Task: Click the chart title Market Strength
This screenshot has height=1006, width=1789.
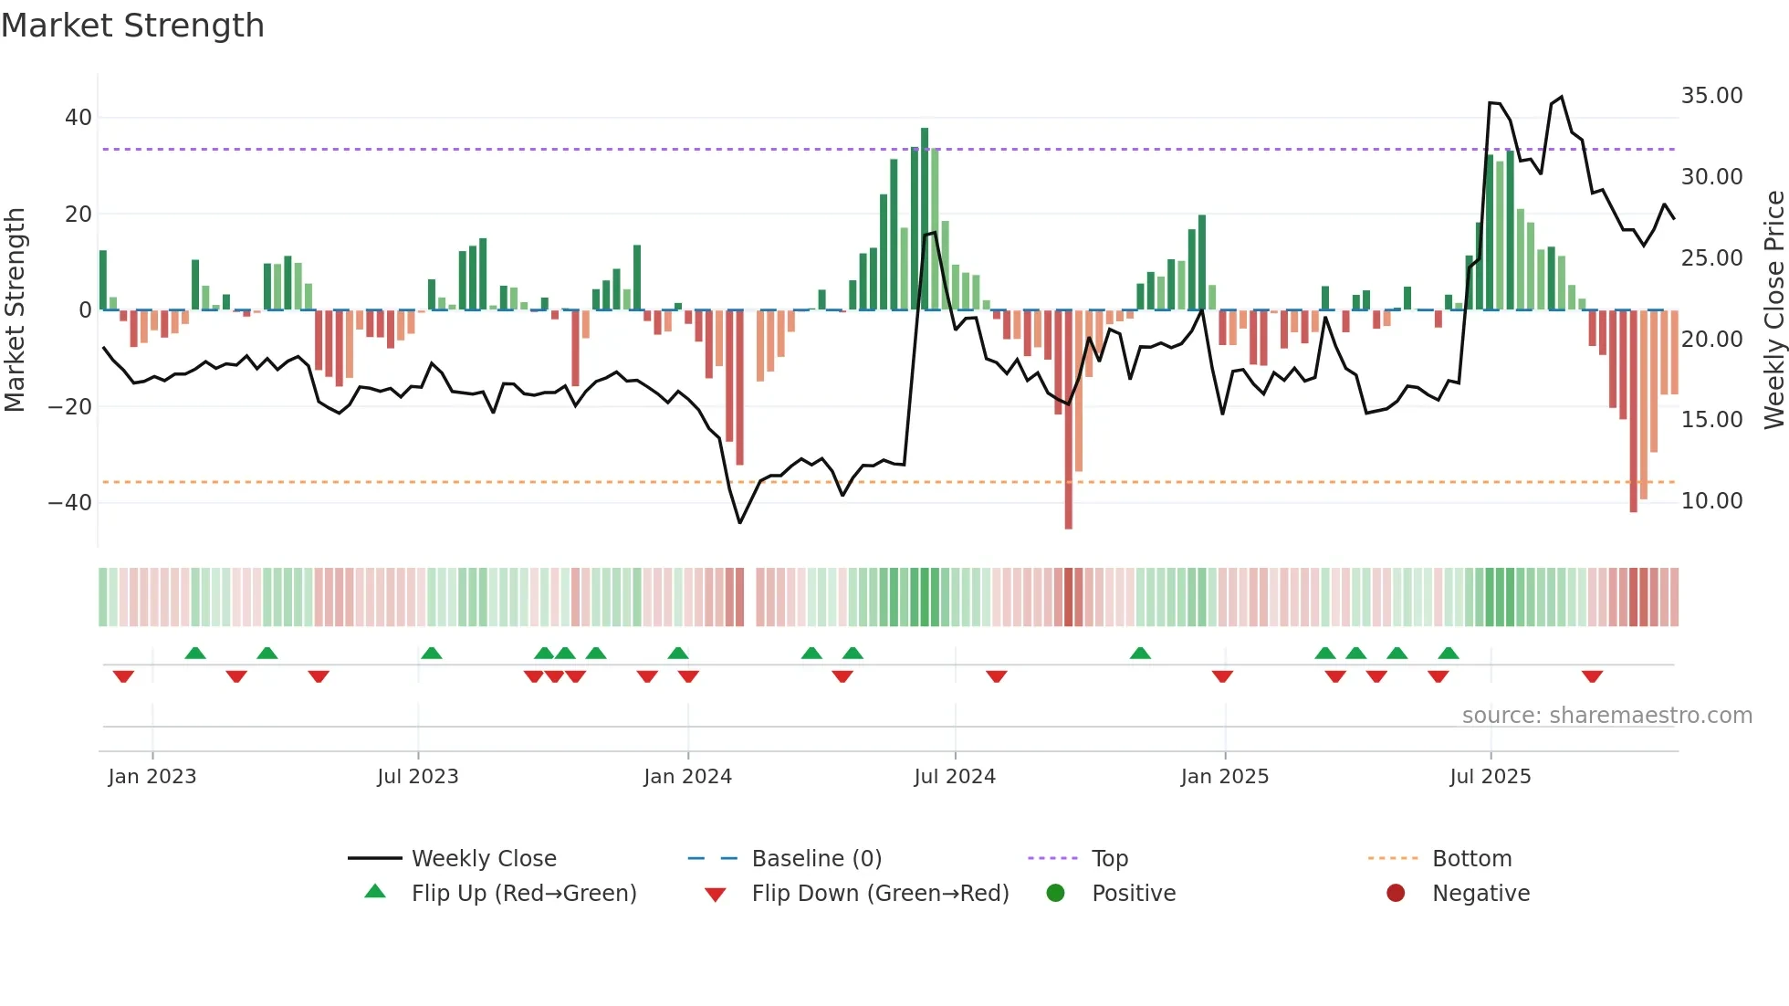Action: tap(132, 26)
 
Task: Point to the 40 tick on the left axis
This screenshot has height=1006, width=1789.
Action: tap(78, 118)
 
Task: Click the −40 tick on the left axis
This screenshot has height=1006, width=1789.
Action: tap(70, 503)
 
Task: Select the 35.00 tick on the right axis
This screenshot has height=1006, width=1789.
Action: tap(1711, 96)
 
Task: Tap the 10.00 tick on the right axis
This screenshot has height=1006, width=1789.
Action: tap(1711, 501)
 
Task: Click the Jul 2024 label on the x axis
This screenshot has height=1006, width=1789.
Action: tap(955, 777)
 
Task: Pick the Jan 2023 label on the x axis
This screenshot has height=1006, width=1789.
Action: tap(152, 777)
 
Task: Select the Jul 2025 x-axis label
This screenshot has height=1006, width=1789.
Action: tap(1490, 777)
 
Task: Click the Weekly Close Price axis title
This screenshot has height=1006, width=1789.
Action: tap(1773, 310)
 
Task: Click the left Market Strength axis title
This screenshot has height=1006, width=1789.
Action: tap(15, 310)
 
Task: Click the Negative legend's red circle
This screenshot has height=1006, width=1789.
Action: tap(1396, 894)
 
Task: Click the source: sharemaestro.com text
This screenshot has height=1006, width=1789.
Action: tap(1606, 716)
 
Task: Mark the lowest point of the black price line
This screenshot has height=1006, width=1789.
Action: tap(739, 523)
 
